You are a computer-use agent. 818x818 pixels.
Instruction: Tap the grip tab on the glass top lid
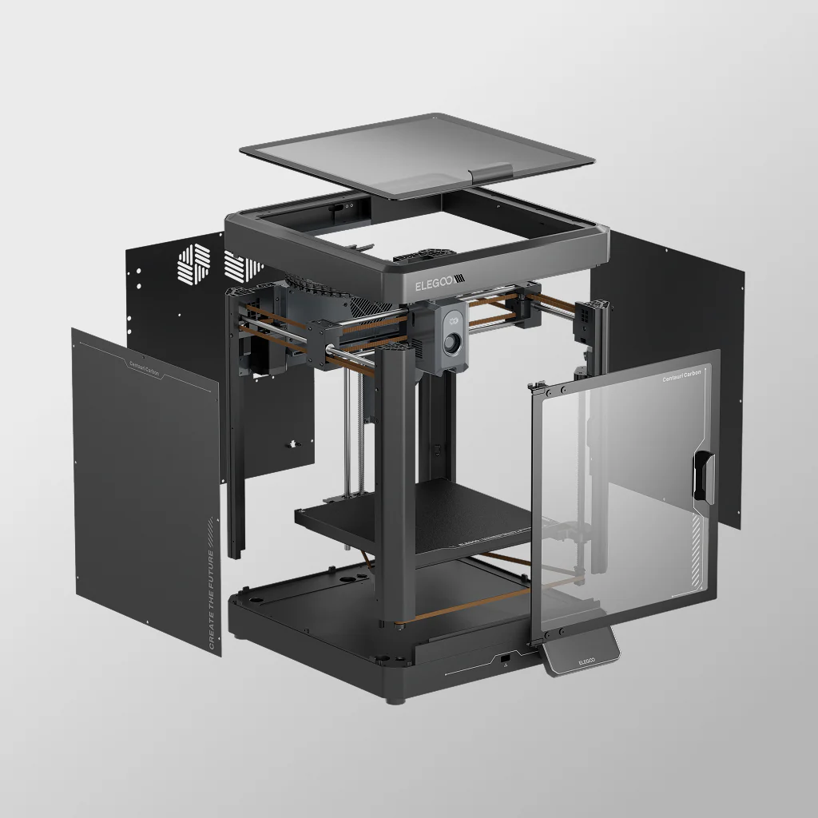point(491,173)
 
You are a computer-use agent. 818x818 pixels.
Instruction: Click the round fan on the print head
point(453,343)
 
